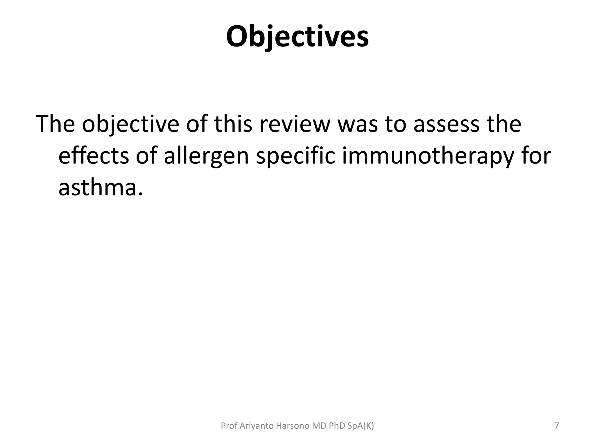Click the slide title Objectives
[297, 37]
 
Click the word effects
[94, 156]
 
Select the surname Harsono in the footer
[292, 426]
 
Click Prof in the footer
[229, 426]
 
